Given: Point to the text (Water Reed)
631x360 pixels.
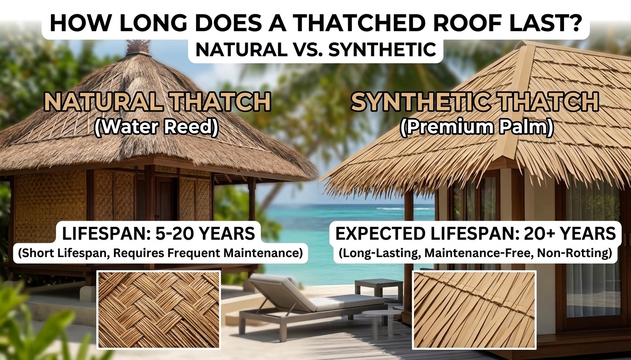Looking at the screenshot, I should pyautogui.click(x=156, y=126).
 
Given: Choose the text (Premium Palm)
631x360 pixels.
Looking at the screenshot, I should pyautogui.click(x=476, y=127).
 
